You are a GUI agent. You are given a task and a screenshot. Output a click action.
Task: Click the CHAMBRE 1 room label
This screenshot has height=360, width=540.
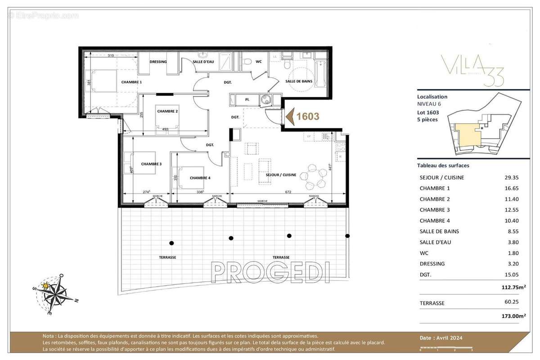point(131,82)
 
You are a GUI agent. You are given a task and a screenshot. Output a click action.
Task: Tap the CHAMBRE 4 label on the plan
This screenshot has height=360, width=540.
point(200,178)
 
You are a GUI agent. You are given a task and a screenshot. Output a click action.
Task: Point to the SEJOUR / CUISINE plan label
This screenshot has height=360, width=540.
point(281,175)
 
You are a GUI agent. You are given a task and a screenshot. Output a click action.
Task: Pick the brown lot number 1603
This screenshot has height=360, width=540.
point(308,117)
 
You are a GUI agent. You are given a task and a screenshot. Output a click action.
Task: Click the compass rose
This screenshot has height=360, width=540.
point(54,294)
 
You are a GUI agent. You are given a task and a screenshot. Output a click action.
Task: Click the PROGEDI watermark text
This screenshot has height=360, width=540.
point(270,273)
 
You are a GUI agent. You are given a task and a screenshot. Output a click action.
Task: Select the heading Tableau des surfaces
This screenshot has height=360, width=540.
point(443,165)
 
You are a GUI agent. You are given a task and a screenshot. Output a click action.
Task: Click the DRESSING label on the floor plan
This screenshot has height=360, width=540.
point(158,62)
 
